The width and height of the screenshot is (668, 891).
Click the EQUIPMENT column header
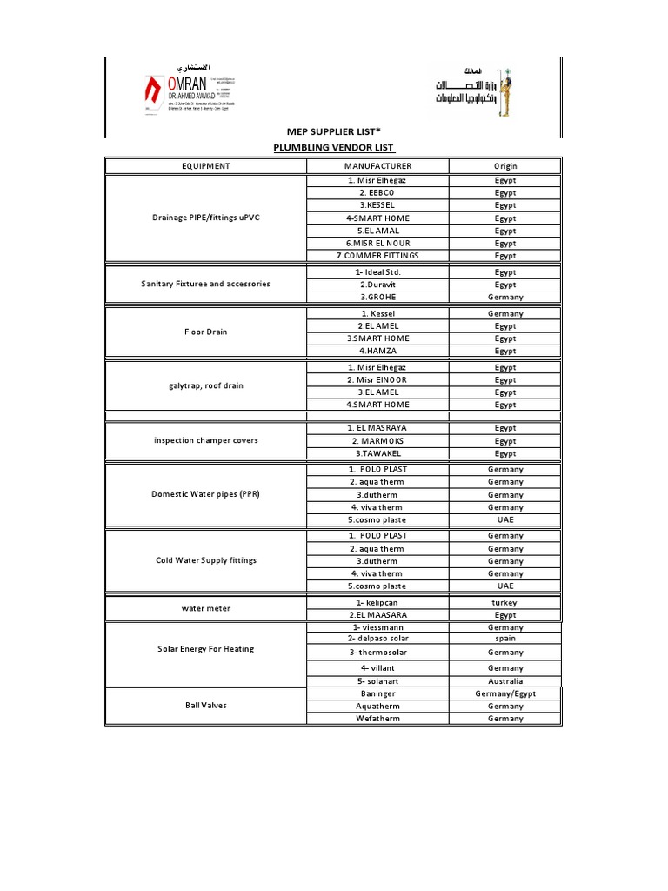[x=206, y=165]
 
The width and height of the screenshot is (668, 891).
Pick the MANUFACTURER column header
[x=377, y=165]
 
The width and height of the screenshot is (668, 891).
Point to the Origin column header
[x=505, y=165]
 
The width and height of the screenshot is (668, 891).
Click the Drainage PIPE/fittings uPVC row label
[x=206, y=218]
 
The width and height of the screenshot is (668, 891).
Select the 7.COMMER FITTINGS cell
[x=377, y=256]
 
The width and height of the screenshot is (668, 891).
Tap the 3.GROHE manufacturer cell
[x=377, y=297]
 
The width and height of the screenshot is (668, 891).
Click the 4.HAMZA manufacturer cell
[x=377, y=351]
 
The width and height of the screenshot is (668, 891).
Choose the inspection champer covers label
[x=206, y=440]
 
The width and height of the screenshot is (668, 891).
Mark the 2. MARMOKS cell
[x=377, y=441]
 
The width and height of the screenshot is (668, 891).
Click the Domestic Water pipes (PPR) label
[x=206, y=494]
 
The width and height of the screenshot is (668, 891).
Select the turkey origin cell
[x=505, y=602]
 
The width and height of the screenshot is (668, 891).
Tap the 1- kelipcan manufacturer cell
[x=377, y=602]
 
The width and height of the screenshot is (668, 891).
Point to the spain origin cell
[x=505, y=639]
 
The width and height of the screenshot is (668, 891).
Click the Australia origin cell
[x=505, y=681]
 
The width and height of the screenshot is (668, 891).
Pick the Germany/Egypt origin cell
[x=505, y=693]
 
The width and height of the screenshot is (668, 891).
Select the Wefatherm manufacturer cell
[x=377, y=719]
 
